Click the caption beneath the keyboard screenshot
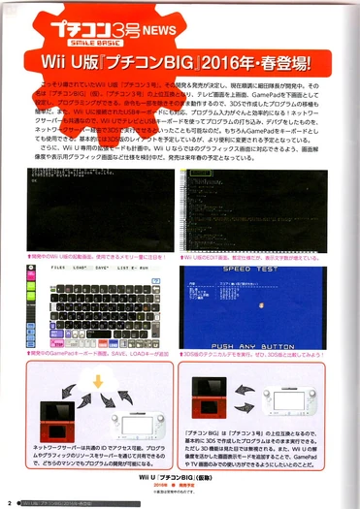click(x=93, y=357)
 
